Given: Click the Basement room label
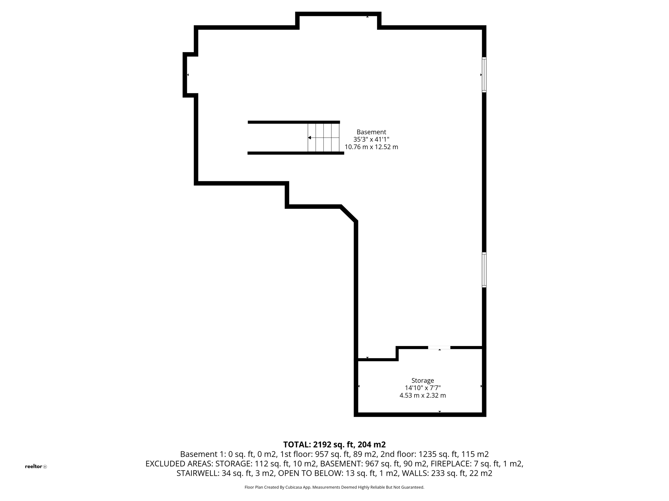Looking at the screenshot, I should [x=371, y=132].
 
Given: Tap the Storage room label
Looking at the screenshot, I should [x=422, y=380].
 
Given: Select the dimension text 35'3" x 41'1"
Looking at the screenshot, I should [x=371, y=140].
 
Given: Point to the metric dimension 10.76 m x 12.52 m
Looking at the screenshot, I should [x=371, y=147].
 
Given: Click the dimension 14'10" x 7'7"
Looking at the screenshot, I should [x=422, y=388].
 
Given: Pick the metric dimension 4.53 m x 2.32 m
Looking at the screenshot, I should [x=422, y=396].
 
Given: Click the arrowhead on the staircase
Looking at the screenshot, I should [x=309, y=138].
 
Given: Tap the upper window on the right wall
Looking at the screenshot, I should [x=484, y=75].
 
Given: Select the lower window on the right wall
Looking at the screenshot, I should [x=484, y=270].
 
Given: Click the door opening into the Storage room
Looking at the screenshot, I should [x=439, y=348].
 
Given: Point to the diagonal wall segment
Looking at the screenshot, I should [x=349, y=214].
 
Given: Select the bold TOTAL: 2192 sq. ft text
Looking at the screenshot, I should [x=334, y=445].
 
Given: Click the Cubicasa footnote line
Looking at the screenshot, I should [x=334, y=487].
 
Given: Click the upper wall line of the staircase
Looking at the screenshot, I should [x=294, y=122].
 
